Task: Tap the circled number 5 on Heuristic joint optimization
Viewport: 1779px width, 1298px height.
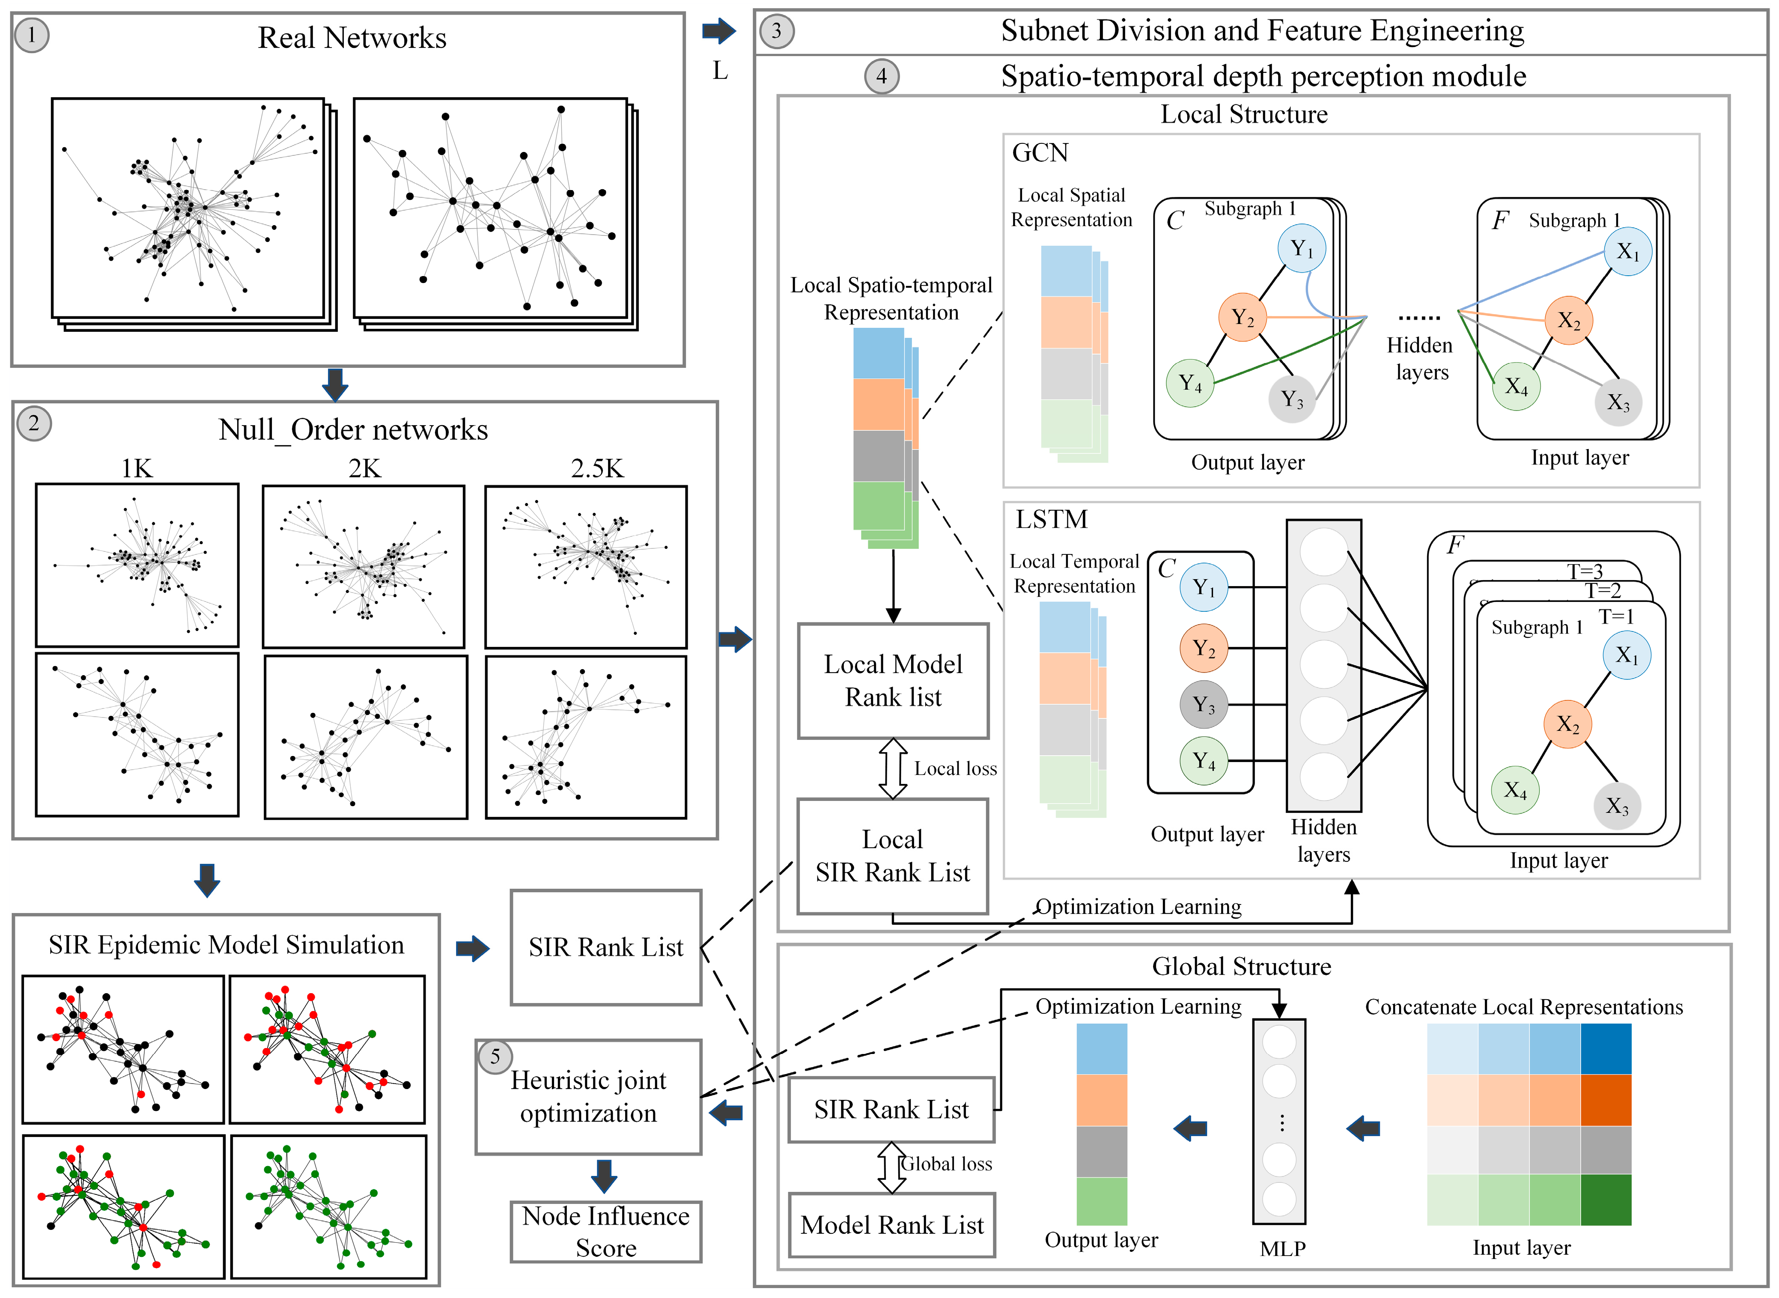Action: click(495, 1057)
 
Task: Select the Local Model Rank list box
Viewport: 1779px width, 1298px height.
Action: click(893, 680)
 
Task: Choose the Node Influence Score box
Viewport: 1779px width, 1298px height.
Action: click(606, 1231)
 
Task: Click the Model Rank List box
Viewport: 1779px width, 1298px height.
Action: click(892, 1225)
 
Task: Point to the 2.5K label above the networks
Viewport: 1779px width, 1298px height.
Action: click(597, 469)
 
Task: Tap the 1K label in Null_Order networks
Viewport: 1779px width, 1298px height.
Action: click(137, 469)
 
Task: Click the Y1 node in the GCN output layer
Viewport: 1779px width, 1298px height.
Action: click(1301, 249)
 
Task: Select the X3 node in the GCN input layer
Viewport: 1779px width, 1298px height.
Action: click(1618, 403)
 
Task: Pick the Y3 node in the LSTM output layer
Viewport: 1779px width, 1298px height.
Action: click(1203, 705)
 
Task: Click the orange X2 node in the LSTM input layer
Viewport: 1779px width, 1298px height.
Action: click(1567, 724)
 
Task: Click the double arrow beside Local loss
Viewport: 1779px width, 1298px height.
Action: click(893, 768)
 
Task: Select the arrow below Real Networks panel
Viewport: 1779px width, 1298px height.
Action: click(336, 384)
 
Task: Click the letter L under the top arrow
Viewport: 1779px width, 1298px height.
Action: click(720, 71)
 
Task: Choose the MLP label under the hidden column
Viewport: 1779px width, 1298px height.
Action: click(1282, 1248)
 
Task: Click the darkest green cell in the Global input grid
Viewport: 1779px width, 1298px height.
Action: click(1605, 1200)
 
